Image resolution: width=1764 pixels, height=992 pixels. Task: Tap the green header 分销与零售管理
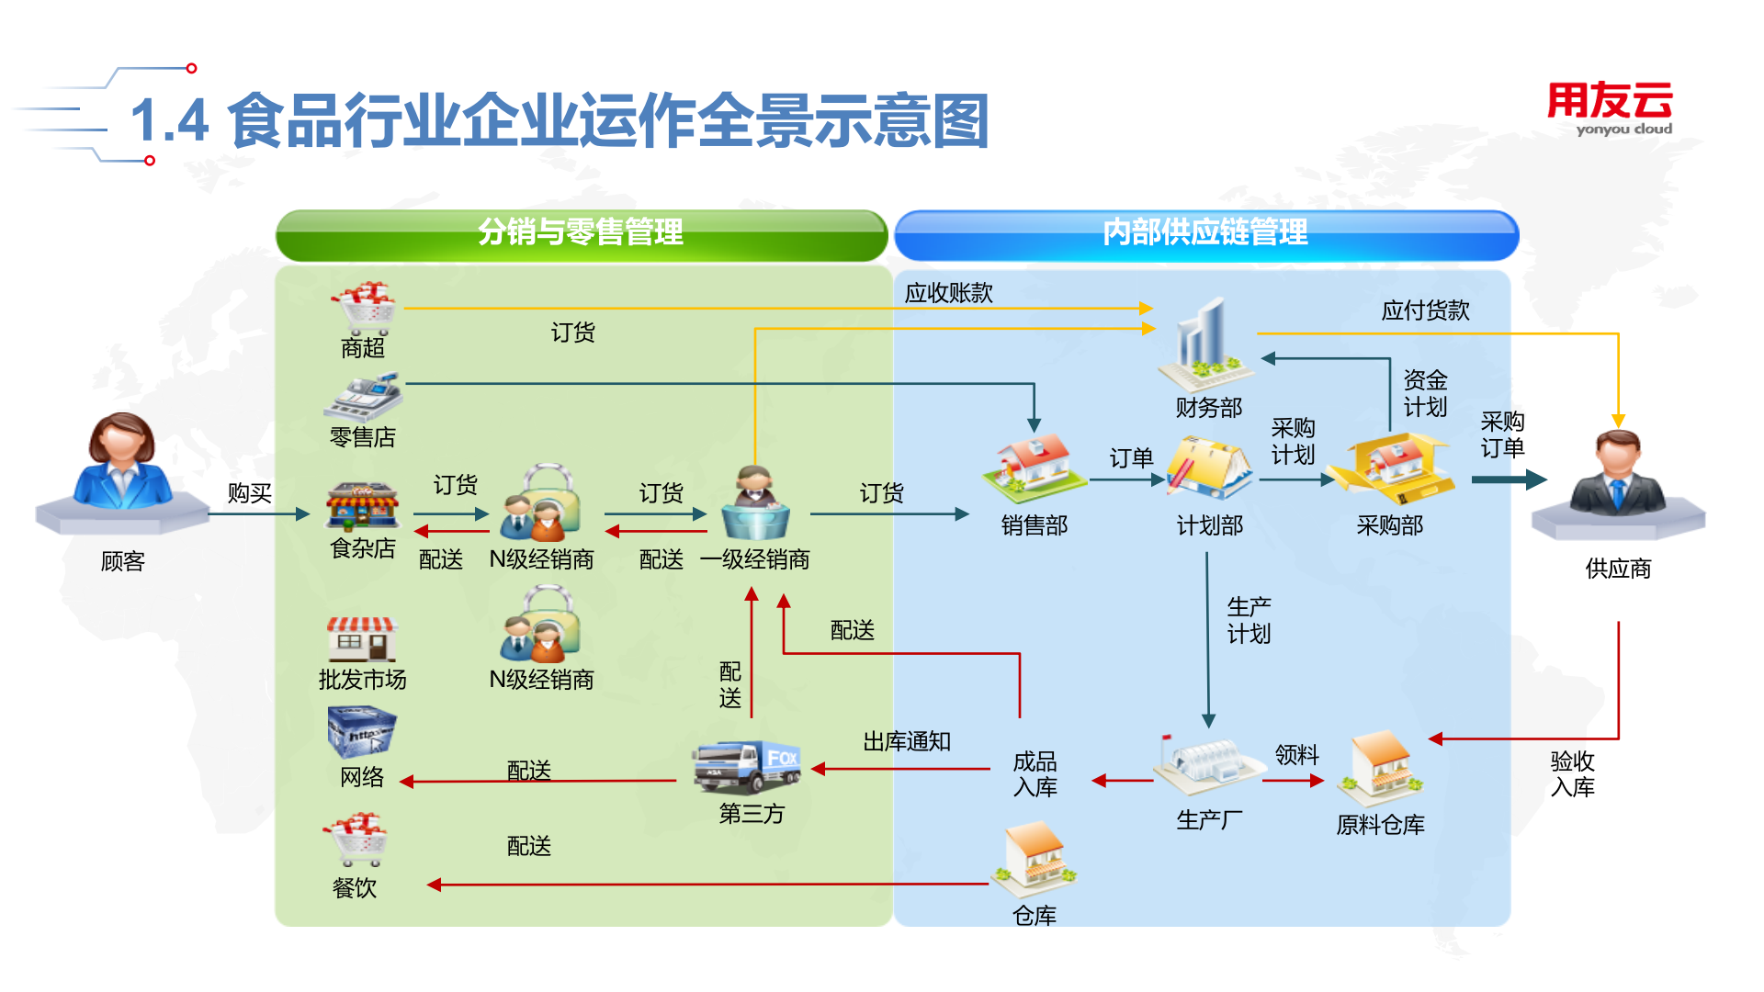[581, 233]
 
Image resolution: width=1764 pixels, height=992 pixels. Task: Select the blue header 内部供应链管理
[1205, 233]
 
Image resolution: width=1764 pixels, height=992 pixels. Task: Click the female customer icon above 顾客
[122, 464]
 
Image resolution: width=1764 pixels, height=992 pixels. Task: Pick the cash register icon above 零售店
[364, 397]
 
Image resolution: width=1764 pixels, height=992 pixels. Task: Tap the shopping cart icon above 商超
[365, 308]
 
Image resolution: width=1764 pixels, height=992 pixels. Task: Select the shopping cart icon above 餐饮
[356, 839]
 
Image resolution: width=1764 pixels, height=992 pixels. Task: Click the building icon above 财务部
[1204, 344]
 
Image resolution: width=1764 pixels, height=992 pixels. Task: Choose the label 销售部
[1035, 525]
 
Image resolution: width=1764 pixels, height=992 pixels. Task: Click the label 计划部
[1210, 525]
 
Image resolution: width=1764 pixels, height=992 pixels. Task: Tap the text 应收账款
[949, 293]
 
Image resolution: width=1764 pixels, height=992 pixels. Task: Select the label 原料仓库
[1380, 825]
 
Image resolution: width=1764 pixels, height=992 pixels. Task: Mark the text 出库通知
[907, 741]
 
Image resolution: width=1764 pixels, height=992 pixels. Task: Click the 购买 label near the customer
[250, 493]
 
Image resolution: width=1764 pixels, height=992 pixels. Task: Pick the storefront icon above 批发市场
[362, 638]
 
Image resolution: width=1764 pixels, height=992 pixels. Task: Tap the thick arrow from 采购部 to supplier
[1508, 479]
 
